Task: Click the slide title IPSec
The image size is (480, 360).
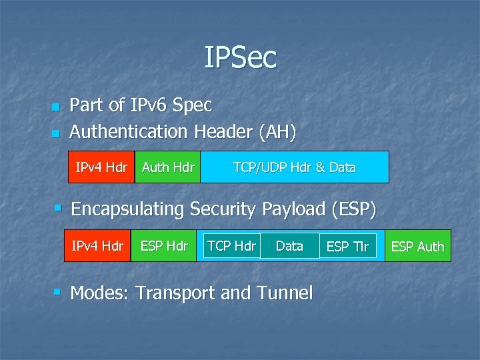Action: pos(240,57)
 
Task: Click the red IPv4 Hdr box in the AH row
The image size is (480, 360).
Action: pos(101,167)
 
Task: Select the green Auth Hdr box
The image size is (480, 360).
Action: pos(168,167)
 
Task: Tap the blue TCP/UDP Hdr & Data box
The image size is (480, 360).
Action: pos(294,167)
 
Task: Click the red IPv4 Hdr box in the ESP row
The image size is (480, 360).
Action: pos(97,246)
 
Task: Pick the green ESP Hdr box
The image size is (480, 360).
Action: pos(164,246)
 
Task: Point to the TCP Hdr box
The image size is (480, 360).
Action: pos(231,246)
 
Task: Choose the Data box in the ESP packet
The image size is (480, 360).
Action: pos(289,246)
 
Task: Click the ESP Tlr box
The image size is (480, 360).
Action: pos(347,247)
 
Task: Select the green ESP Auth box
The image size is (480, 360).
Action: pos(417,247)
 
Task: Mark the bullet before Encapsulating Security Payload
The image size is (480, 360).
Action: pos(59,209)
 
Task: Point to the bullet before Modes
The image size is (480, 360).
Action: pos(59,292)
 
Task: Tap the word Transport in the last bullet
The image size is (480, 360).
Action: pos(176,293)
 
